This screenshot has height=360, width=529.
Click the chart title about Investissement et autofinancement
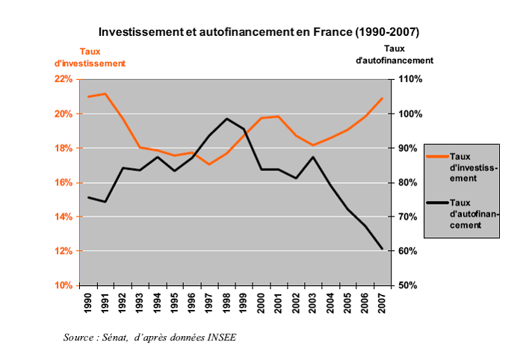click(259, 33)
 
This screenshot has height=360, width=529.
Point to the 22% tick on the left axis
click(62, 79)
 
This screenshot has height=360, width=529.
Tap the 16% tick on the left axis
click(62, 182)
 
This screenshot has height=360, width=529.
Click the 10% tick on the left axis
click(62, 285)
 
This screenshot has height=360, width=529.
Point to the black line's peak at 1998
click(226, 119)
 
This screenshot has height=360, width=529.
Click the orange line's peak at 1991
click(105, 94)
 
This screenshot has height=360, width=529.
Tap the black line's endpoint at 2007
click(382, 249)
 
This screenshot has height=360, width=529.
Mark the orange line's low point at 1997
click(209, 164)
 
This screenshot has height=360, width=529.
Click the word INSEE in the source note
click(222, 338)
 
